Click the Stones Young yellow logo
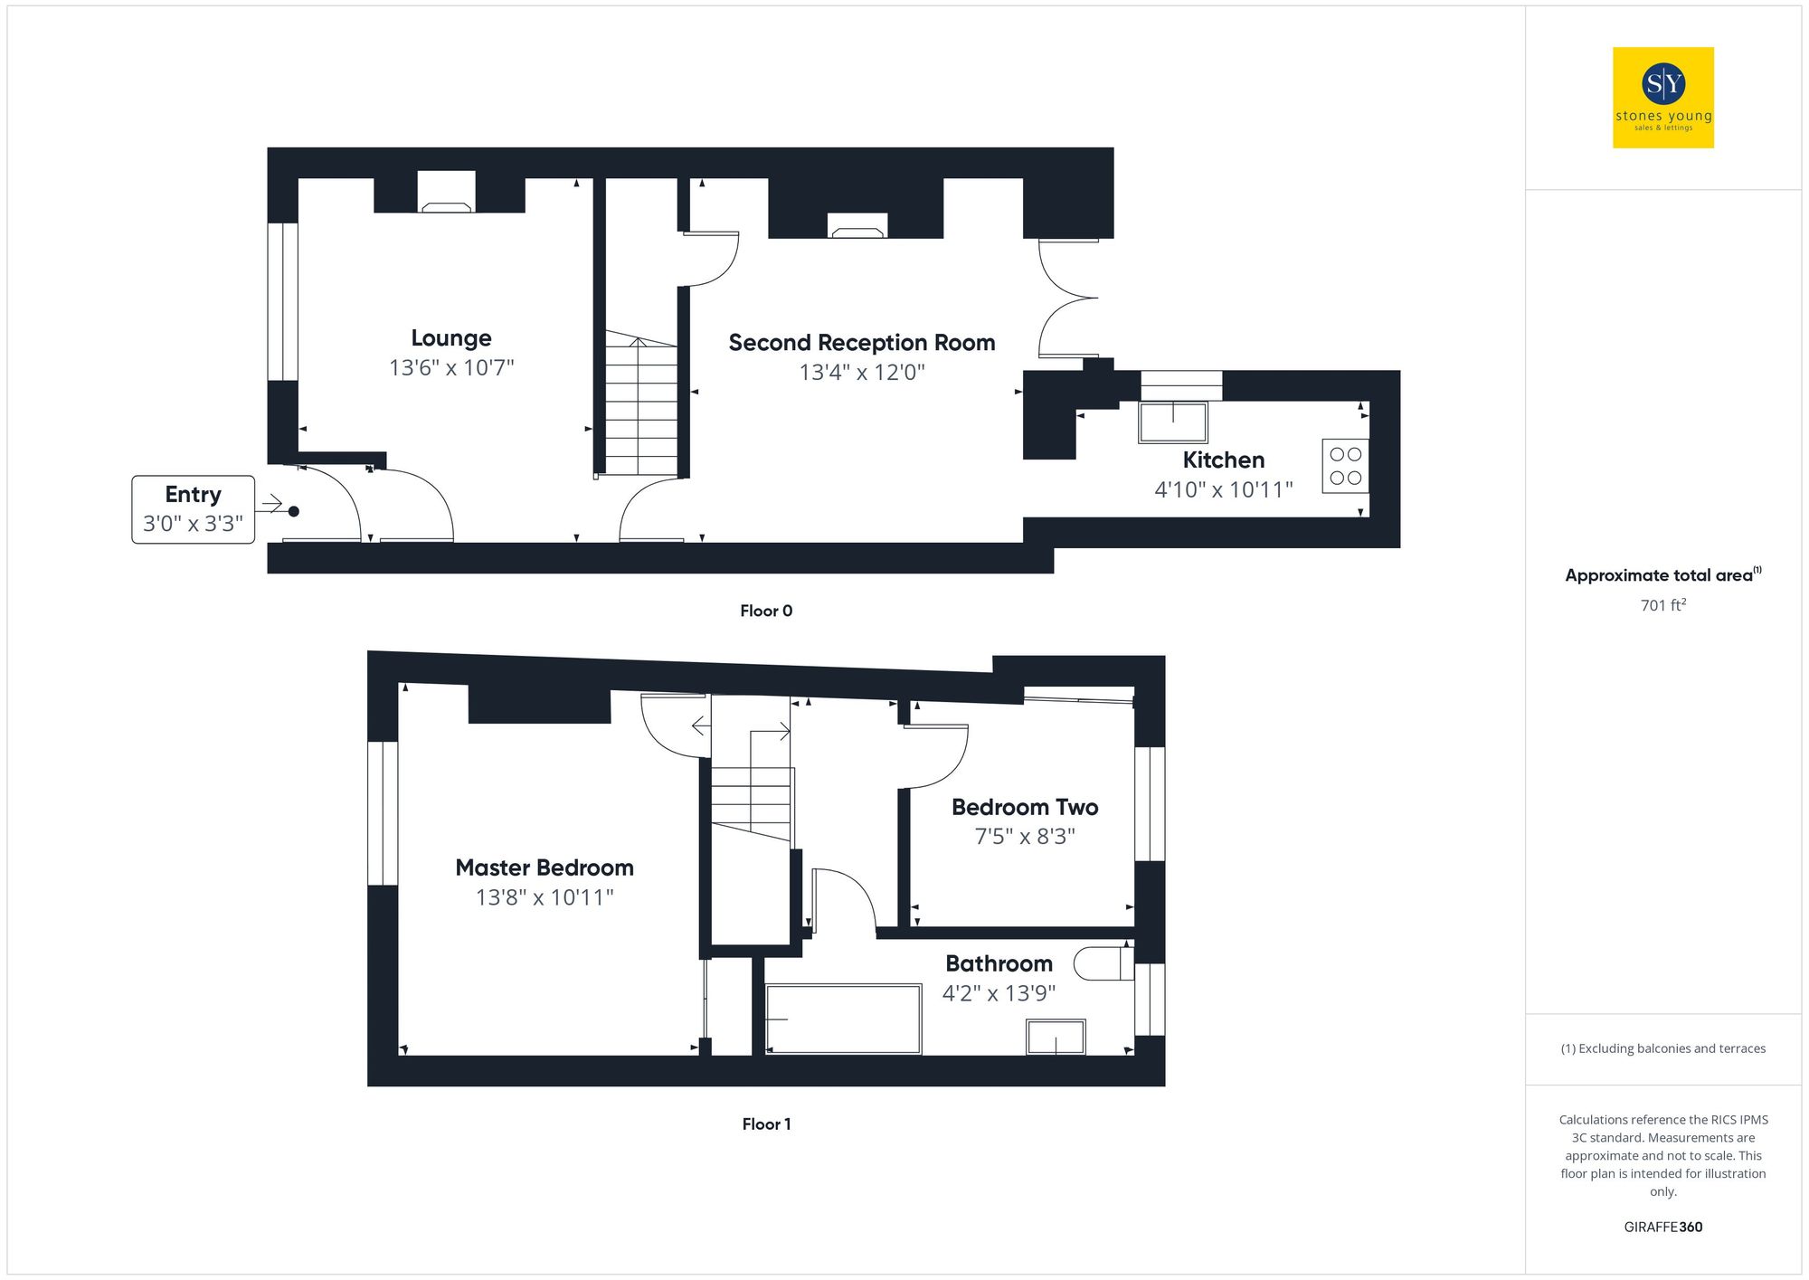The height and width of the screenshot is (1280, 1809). [1662, 98]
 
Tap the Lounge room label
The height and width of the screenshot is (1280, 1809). [451, 338]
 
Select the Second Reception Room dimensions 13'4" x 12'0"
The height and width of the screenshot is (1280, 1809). [862, 373]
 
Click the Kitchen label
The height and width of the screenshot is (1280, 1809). [1223, 460]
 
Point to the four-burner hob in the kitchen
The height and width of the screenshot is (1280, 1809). [1345, 466]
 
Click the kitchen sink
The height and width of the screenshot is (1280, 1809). [1173, 422]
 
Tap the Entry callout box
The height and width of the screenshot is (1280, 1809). [193, 509]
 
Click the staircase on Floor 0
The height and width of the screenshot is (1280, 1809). [640, 407]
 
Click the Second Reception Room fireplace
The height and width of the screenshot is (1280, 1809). [857, 226]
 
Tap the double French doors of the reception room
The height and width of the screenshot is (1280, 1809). [1067, 299]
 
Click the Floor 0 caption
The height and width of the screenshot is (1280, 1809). [766, 611]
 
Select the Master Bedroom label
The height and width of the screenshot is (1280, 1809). [545, 868]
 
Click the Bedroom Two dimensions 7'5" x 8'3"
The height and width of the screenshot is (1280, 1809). [1025, 837]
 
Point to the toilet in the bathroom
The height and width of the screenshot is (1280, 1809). [1103, 963]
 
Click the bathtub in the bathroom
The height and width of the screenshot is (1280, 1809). [843, 1019]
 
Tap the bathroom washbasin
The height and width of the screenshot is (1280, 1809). [1056, 1037]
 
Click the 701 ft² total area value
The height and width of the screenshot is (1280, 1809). [1662, 605]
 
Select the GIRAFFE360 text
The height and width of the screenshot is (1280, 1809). [1662, 1228]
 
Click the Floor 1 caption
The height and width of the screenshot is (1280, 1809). [766, 1124]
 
